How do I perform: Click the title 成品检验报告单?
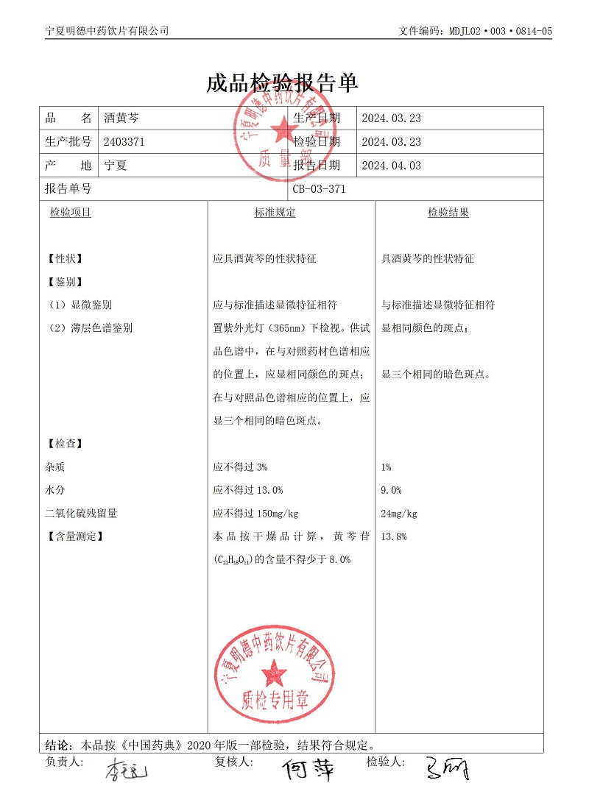point(282,83)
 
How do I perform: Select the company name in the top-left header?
point(107,31)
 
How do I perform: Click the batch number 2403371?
point(124,142)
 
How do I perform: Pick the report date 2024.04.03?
point(391,166)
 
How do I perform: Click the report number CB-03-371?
point(319,189)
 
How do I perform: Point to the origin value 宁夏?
point(116,166)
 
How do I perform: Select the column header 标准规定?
point(275,213)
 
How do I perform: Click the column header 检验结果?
point(448,213)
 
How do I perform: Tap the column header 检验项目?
point(71,213)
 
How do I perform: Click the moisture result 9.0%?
point(391,490)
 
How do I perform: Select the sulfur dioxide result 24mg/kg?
point(399,514)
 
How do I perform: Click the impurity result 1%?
point(387,467)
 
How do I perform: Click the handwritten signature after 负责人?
point(127,771)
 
